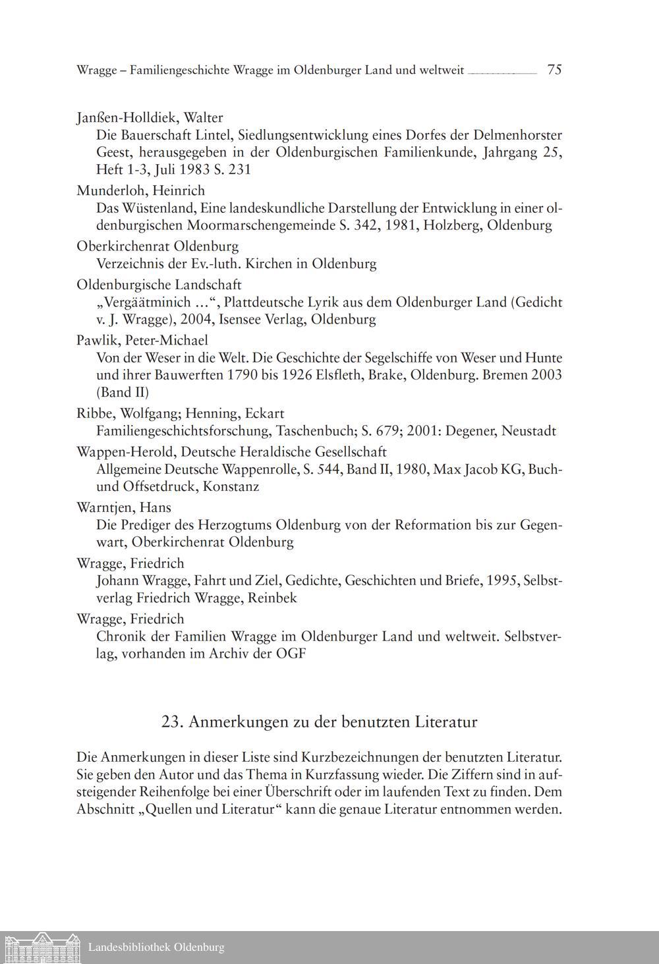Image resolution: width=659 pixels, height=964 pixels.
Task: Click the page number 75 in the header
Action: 554,70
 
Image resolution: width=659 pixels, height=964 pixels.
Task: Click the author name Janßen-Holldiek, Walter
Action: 150,118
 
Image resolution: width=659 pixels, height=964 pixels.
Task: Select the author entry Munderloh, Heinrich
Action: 140,191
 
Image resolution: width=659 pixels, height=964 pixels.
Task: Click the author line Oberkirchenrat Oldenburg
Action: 158,246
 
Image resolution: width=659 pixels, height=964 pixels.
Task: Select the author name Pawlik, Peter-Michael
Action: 142,340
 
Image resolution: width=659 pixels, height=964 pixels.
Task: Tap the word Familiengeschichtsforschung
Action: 184,431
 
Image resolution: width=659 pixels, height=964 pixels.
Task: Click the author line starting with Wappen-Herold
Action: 231,451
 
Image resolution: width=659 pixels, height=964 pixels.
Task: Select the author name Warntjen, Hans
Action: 124,507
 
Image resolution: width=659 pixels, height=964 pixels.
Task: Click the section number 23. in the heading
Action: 172,722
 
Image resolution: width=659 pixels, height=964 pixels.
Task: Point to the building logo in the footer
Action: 40,948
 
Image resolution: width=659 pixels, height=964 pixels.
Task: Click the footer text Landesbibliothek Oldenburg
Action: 156,948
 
